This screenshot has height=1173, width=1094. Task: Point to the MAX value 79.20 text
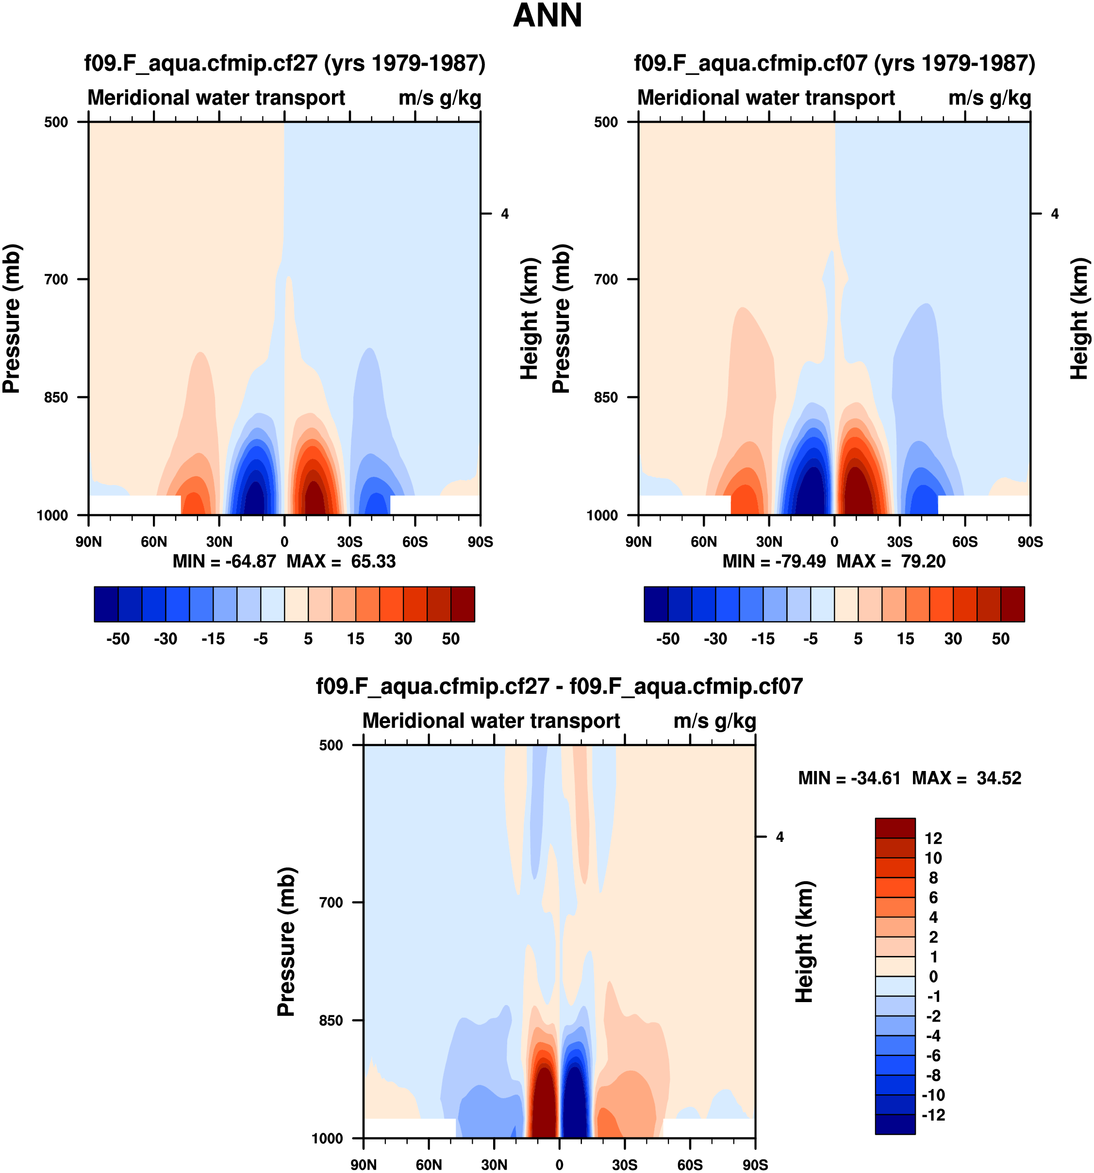pyautogui.click(x=923, y=561)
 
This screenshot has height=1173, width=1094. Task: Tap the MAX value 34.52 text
pyautogui.click(x=998, y=778)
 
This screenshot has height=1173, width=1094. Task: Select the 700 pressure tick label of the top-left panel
pyautogui.click(x=57, y=279)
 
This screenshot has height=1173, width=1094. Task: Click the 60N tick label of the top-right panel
pyautogui.click(x=704, y=542)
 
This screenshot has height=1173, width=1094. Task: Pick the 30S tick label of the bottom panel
pyautogui.click(x=625, y=1165)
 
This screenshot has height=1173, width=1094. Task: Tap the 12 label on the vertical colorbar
pyautogui.click(x=933, y=838)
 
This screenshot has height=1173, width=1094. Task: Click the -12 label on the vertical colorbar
pyautogui.click(x=932, y=1115)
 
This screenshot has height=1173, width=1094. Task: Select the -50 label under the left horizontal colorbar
pyautogui.click(x=118, y=639)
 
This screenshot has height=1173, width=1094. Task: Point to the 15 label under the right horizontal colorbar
pyautogui.click(x=905, y=639)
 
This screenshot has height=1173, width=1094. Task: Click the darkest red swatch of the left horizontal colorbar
pyautogui.click(x=463, y=604)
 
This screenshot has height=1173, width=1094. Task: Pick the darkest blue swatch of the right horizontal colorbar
pyautogui.click(x=656, y=604)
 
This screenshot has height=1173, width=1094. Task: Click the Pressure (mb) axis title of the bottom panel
pyautogui.click(x=286, y=942)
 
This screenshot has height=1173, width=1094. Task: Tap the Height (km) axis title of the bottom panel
pyautogui.click(x=804, y=942)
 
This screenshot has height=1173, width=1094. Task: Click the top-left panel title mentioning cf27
pyautogui.click(x=285, y=63)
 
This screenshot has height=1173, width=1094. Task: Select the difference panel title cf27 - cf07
pyautogui.click(x=559, y=686)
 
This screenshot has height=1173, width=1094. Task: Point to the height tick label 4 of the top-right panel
pyautogui.click(x=1055, y=214)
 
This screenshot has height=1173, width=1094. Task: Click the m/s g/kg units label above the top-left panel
pyautogui.click(x=439, y=98)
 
